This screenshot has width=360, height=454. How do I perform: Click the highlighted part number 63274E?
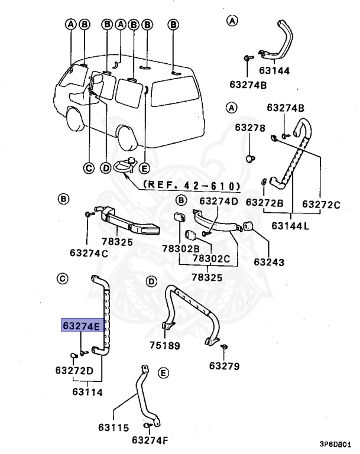pyautogui.click(x=83, y=326)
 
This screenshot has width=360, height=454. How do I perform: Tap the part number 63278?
pyautogui.click(x=250, y=128)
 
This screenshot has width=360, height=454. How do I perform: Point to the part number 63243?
pyautogui.click(x=269, y=261)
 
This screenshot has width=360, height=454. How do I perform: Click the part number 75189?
pyautogui.click(x=164, y=346)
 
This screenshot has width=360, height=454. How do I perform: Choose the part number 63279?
pyautogui.click(x=224, y=366)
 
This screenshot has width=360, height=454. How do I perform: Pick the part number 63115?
pyautogui.click(x=114, y=427)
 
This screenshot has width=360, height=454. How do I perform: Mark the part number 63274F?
pyautogui.click(x=150, y=440)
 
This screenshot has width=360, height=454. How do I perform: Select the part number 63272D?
pyautogui.click(x=74, y=371)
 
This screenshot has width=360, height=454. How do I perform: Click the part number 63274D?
pyautogui.click(x=219, y=201)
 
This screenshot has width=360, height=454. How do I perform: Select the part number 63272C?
pyautogui.click(x=322, y=204)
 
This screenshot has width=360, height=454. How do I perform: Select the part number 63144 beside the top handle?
pyautogui.click(x=291, y=70)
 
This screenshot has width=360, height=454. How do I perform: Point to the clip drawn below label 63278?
pyautogui.click(x=249, y=158)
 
